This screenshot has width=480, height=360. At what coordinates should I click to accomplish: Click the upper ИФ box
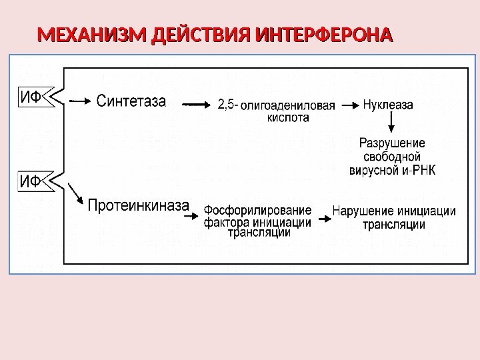point(30,99)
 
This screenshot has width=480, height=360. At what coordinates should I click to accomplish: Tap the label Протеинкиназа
point(139,205)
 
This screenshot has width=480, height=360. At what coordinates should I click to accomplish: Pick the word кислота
point(288,117)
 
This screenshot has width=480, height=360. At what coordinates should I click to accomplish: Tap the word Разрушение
point(392,143)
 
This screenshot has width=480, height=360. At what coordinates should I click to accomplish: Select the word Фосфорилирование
point(257,211)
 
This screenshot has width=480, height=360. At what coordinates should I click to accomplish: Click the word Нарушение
point(359,212)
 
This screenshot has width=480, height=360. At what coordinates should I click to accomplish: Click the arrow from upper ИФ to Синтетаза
point(79,102)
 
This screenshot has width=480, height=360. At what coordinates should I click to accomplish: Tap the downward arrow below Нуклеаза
point(391,122)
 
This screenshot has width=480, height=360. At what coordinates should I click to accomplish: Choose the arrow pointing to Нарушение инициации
point(322,218)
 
